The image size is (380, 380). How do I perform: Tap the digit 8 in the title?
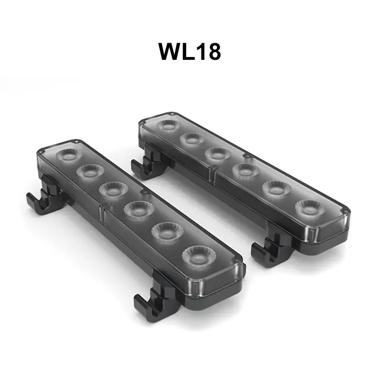(x=213, y=52)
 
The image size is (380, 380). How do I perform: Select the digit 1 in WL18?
(x=200, y=51)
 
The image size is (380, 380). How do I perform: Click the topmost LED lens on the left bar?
(x=69, y=155)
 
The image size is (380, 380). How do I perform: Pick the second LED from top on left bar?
(x=90, y=171)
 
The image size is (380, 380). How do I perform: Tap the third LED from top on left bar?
(x=114, y=189)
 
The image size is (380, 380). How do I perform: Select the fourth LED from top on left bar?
(x=139, y=209)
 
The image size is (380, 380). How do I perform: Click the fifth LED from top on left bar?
(x=167, y=231)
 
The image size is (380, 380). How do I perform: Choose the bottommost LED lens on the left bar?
(x=199, y=256)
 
